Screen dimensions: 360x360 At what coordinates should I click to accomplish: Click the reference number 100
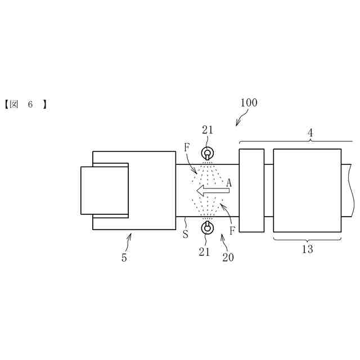(249, 103)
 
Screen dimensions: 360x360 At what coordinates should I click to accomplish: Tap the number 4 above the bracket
(309, 133)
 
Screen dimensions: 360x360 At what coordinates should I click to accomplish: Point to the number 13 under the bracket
(307, 249)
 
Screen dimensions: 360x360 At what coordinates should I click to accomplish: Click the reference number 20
(228, 258)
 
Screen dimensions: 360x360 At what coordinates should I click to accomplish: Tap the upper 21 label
(208, 130)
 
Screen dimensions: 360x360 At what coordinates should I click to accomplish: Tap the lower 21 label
(204, 252)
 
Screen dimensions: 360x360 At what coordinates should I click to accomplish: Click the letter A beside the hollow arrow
(229, 182)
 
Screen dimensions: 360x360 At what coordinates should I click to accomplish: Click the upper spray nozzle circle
(207, 153)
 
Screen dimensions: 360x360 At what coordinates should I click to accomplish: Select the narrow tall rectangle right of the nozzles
(251, 190)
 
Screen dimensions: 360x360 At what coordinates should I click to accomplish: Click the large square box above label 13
(307, 190)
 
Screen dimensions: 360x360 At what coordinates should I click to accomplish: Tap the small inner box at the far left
(105, 190)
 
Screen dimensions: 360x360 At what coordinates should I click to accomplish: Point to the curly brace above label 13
(307, 240)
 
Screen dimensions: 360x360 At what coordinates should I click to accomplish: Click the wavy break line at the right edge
(349, 190)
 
